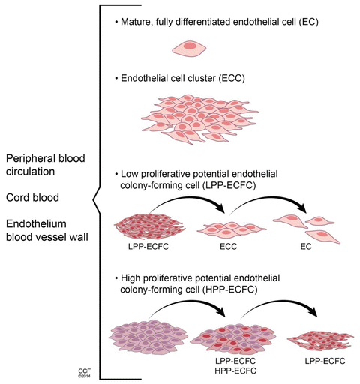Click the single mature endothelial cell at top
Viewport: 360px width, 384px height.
coord(190,49)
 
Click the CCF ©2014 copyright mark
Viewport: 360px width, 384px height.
coord(83,373)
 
